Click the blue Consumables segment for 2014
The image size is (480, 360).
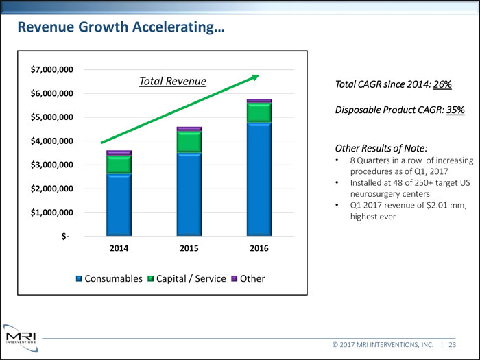click(119, 204)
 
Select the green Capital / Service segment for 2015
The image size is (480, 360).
click(189, 141)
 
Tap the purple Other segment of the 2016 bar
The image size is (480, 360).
click(259, 101)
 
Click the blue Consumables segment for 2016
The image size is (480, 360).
click(259, 178)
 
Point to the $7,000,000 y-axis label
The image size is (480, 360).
click(53, 70)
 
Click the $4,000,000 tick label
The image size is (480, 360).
click(53, 141)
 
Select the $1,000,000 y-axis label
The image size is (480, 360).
click(53, 213)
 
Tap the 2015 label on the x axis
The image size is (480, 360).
click(189, 248)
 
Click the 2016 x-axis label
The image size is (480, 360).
click(259, 248)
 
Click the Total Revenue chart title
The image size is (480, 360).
click(173, 82)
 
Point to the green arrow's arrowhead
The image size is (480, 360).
click(254, 77)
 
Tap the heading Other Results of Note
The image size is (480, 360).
click(381, 148)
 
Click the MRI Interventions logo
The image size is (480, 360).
click(21, 337)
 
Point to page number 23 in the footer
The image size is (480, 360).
click(454, 345)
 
